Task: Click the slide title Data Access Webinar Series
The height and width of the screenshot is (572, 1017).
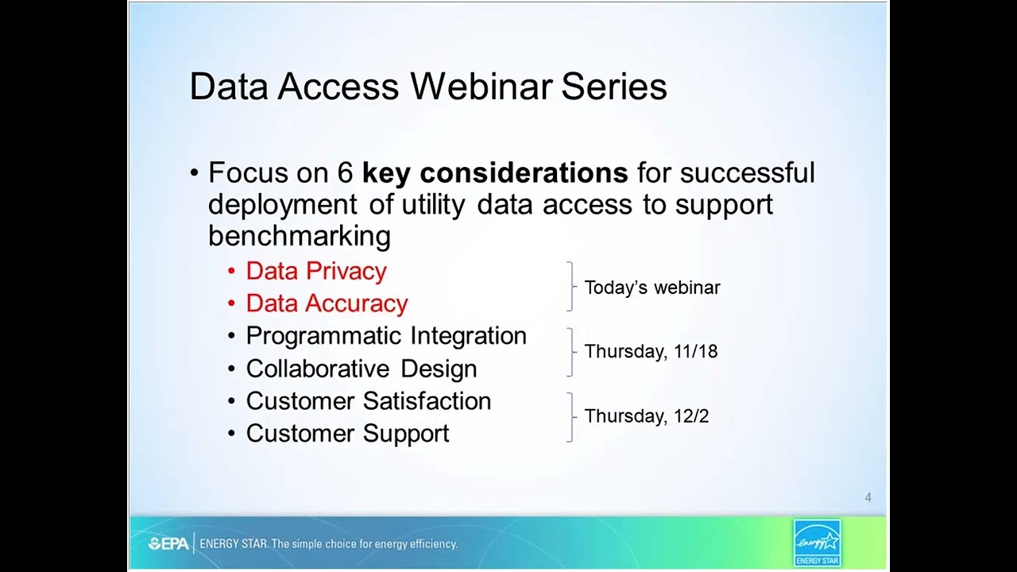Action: [427, 87]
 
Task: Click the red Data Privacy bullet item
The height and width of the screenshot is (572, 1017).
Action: [315, 271]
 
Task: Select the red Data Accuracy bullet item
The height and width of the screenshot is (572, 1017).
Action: [326, 303]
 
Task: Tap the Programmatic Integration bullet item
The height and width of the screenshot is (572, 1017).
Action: [385, 336]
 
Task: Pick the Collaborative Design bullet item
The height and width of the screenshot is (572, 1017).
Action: [361, 369]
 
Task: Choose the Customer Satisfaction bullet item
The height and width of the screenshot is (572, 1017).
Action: [368, 401]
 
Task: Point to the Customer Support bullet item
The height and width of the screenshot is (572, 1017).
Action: [347, 434]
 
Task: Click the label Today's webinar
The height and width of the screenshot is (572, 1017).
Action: [652, 288]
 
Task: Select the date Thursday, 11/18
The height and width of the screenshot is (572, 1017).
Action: [651, 351]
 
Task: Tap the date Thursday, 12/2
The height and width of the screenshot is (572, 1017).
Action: [646, 416]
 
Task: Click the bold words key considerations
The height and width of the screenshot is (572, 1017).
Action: [495, 172]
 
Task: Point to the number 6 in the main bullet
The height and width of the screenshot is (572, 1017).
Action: [345, 172]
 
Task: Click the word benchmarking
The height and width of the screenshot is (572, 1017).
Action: [299, 236]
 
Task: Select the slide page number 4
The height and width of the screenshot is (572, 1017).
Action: [868, 497]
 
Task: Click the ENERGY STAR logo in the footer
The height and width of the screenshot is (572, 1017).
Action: [817, 543]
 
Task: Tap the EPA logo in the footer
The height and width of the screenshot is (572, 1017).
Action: [168, 544]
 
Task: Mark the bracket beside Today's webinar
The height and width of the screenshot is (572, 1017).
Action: [570, 287]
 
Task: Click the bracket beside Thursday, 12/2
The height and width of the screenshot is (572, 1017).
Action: [570, 416]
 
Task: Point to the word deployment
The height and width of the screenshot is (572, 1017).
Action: [282, 204]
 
